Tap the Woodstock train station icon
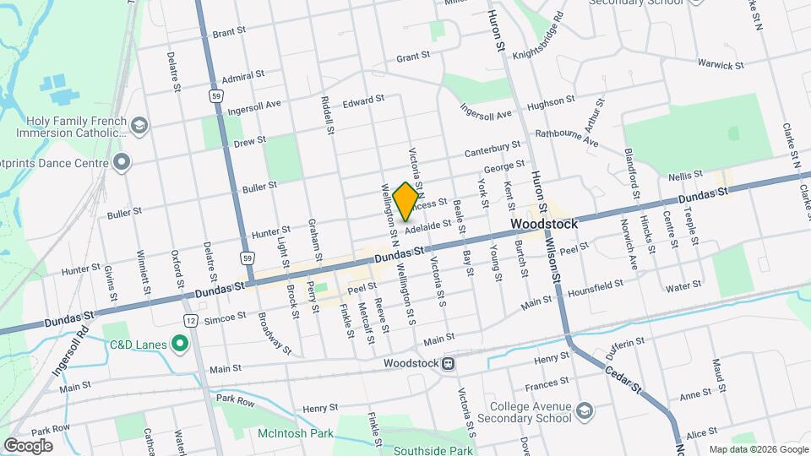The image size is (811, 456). tap(449, 364)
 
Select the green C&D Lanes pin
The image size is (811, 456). tap(179, 344)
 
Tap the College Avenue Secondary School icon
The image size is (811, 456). tap(584, 410)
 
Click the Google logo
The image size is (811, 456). tap(28, 445)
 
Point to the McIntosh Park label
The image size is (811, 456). tap(296, 435)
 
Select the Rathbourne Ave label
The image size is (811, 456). tap(565, 138)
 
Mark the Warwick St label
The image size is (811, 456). tap(720, 64)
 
